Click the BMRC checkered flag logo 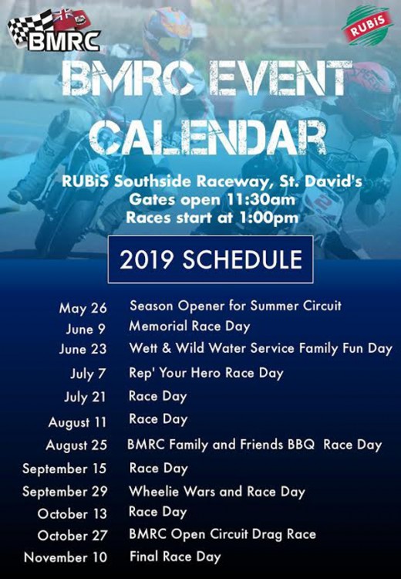coord(54,30)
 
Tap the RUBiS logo coord(367,25)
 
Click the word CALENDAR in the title coord(207,137)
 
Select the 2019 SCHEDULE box coord(211,259)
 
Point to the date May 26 coord(83,308)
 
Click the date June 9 coord(86,329)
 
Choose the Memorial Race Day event coord(190,327)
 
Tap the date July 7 coord(88,374)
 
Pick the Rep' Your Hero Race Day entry coord(206,373)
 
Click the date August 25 coord(76,445)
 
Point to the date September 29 coord(65,492)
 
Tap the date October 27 coord(72,536)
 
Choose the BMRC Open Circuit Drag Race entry coord(222,534)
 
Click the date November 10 coord(66,557)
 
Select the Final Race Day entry coord(175,557)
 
